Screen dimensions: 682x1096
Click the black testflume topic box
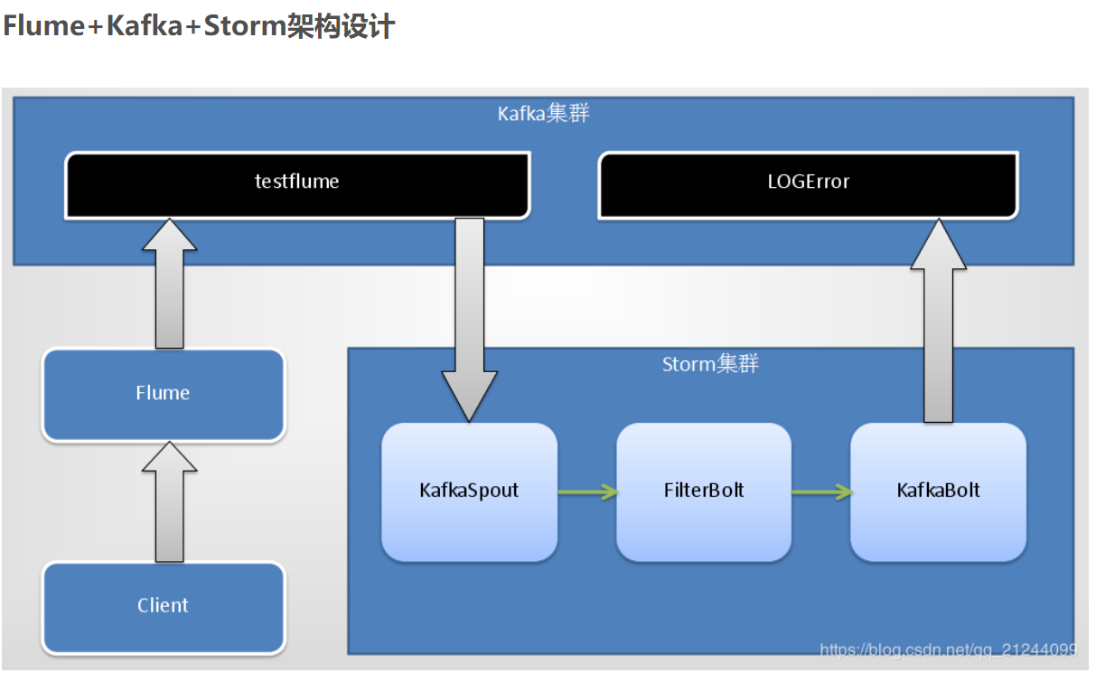coord(296,184)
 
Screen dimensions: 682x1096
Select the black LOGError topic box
coord(808,184)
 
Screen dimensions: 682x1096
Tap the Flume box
coord(164,395)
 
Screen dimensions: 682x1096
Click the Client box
coord(164,606)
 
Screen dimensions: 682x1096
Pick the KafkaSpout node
coord(469,491)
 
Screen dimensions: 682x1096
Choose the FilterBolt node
coord(704,491)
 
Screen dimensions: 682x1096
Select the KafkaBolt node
coord(938,491)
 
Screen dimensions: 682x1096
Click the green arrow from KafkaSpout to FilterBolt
coord(587,492)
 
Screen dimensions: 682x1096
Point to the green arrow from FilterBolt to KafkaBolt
coord(821,492)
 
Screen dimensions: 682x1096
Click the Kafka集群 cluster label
coord(544,114)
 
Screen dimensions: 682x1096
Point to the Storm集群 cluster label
coord(710,365)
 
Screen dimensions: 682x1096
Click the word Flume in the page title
coord(43,26)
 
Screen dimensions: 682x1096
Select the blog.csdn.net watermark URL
coord(948,649)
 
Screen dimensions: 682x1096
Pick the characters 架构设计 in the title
coord(342,26)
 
